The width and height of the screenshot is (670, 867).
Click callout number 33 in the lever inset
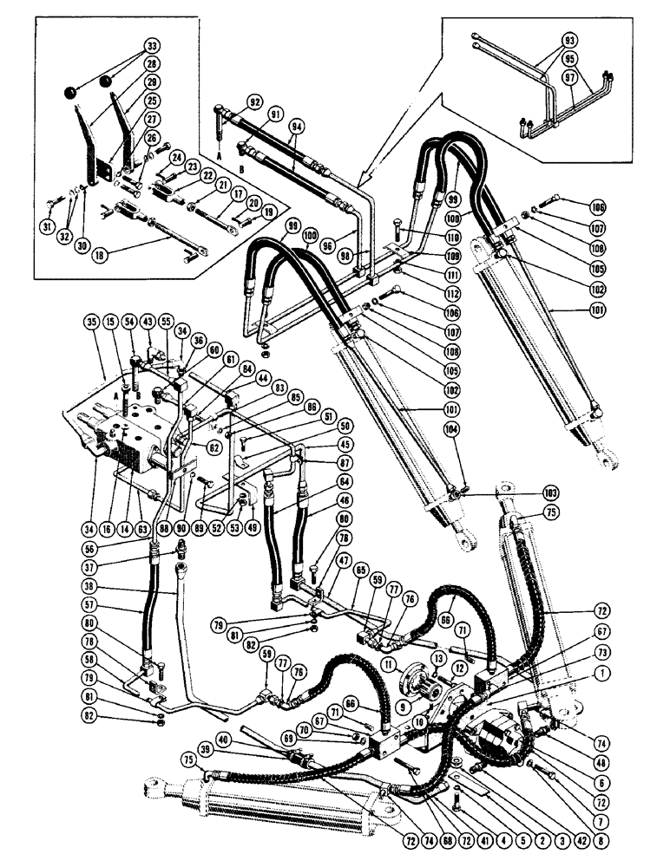pyautogui.click(x=153, y=46)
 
